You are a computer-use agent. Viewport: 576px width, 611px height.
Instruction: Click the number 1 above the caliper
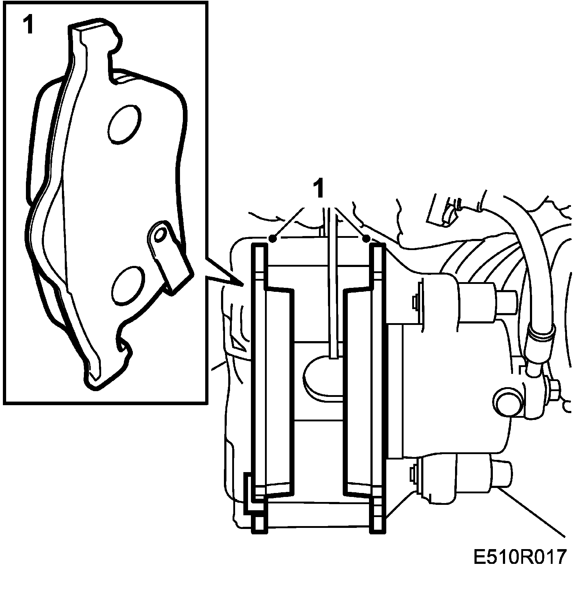[318, 189]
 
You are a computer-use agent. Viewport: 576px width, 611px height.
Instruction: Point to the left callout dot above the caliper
[273, 238]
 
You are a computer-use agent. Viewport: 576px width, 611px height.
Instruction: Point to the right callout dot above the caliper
[366, 238]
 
